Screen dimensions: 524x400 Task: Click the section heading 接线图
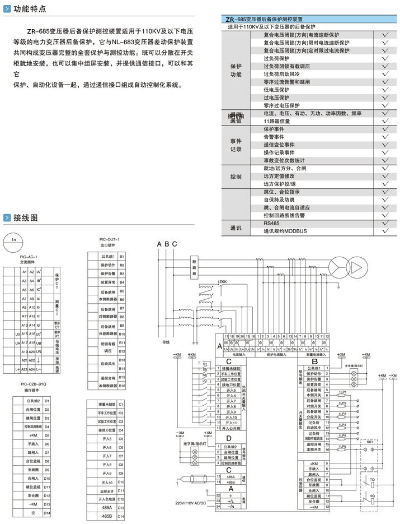[x=26, y=217]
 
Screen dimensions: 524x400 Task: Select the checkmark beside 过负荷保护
[x=385, y=58]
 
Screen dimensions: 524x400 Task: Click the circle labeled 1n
[x=15, y=242]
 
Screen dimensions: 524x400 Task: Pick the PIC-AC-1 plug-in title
[x=29, y=257]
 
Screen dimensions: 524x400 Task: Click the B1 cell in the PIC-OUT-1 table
[x=121, y=256]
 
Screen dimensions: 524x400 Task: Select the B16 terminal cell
[x=121, y=386]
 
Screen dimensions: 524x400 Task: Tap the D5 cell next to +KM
[x=47, y=435]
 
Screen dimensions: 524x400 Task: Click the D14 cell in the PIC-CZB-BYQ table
[x=47, y=513]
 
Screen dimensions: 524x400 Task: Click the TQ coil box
[x=372, y=481]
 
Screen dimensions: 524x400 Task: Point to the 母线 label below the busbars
[x=166, y=340]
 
